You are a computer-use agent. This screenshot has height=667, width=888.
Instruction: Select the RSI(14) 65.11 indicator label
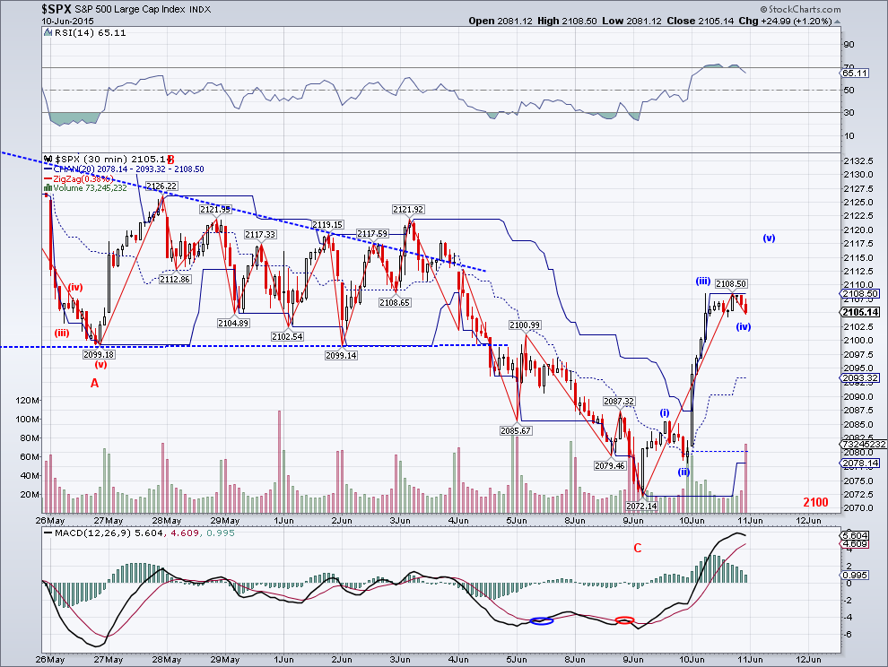pyautogui.click(x=80, y=33)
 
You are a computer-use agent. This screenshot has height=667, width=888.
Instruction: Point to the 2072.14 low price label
pyautogui.click(x=641, y=506)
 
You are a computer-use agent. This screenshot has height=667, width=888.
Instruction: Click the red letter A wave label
pyautogui.click(x=94, y=383)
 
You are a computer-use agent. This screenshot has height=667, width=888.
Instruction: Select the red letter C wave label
pyautogui.click(x=638, y=548)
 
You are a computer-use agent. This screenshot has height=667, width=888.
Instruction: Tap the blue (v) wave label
pyautogui.click(x=769, y=238)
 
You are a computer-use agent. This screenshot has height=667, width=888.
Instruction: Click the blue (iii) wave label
pyautogui.click(x=703, y=282)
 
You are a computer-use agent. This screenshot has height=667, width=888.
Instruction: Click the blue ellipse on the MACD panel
pyautogui.click(x=540, y=620)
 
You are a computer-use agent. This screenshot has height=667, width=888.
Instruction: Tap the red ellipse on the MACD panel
pyautogui.click(x=625, y=619)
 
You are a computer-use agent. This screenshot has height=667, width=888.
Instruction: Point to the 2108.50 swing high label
pyautogui.click(x=731, y=284)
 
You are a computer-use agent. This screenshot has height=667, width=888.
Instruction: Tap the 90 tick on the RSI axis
pyautogui.click(x=846, y=45)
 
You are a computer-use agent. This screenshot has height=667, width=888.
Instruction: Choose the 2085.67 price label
pyautogui.click(x=516, y=430)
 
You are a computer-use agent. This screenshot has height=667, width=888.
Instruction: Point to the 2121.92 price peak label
pyautogui.click(x=406, y=209)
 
